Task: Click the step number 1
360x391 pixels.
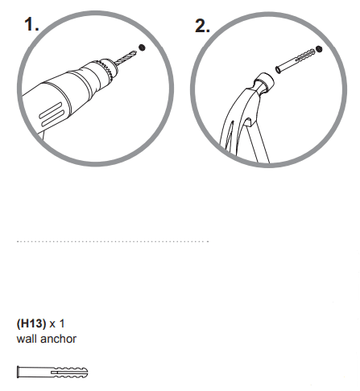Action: pos(31,25)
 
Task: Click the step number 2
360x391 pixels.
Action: pos(202,26)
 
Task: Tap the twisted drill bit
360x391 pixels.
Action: pos(125,56)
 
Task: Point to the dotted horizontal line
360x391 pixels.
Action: pos(113,241)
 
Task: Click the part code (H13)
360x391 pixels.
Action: pos(31,323)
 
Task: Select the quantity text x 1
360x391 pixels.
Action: pos(56,323)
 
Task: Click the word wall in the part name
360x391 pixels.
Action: pos(26,339)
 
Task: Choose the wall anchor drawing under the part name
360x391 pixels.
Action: pos(52,372)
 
